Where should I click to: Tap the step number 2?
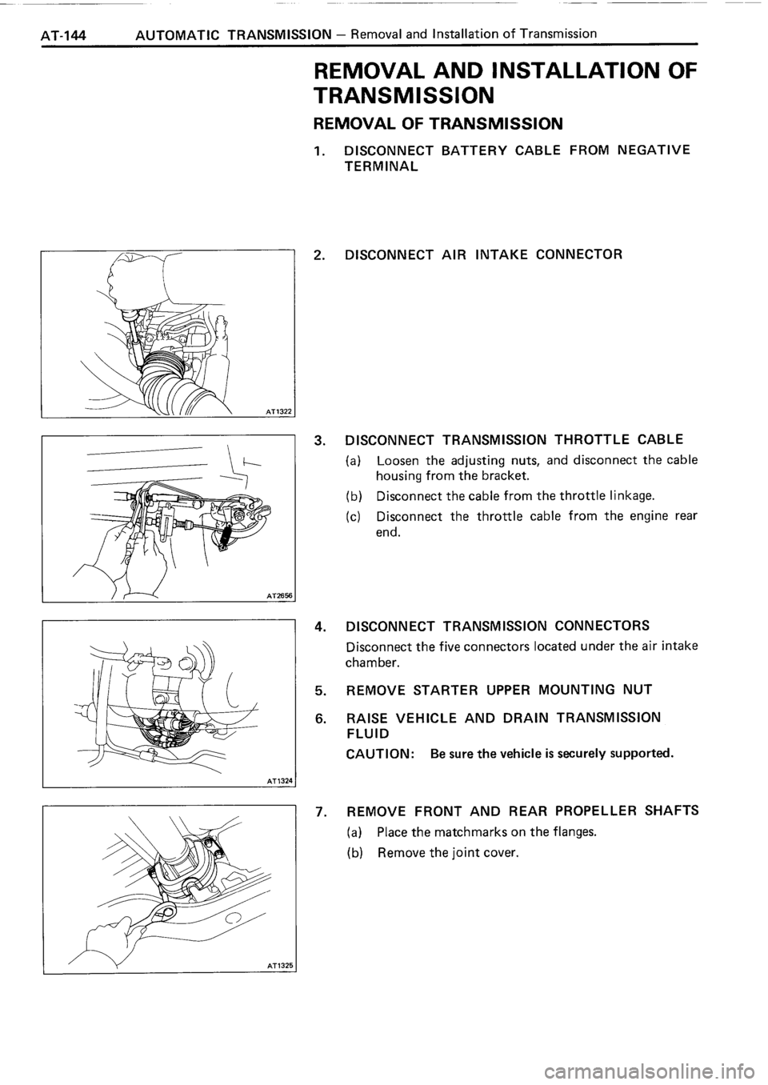318,256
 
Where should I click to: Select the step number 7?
319,811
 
